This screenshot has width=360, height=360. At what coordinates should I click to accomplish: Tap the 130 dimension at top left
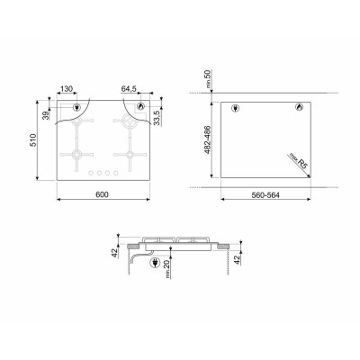[x=66, y=89]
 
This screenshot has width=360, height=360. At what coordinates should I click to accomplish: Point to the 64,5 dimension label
[x=130, y=89]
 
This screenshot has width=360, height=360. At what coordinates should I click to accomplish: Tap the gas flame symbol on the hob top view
[x=140, y=109]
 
